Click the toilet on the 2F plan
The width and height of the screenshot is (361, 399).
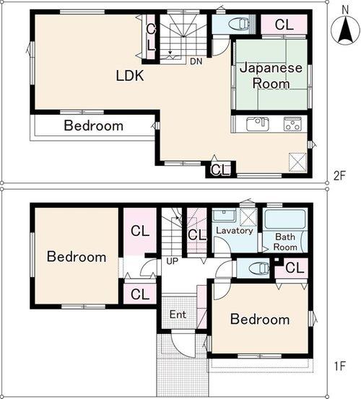click(x=237, y=24)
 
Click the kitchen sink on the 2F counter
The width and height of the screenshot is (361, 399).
click(x=258, y=124)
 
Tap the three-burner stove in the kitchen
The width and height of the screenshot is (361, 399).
click(x=292, y=124)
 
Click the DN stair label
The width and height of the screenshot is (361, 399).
click(x=196, y=61)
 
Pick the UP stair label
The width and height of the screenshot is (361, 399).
click(x=173, y=260)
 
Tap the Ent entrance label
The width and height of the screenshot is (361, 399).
click(x=178, y=315)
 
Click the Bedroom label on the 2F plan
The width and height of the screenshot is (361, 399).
click(x=93, y=126)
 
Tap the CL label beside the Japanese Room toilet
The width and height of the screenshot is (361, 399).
click(x=284, y=24)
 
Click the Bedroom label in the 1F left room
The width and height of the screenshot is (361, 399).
click(x=77, y=256)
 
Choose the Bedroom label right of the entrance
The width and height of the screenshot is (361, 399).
click(x=260, y=319)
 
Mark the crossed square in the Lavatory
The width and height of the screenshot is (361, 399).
click(x=248, y=216)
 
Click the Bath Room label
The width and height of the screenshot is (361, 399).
click(x=285, y=242)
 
